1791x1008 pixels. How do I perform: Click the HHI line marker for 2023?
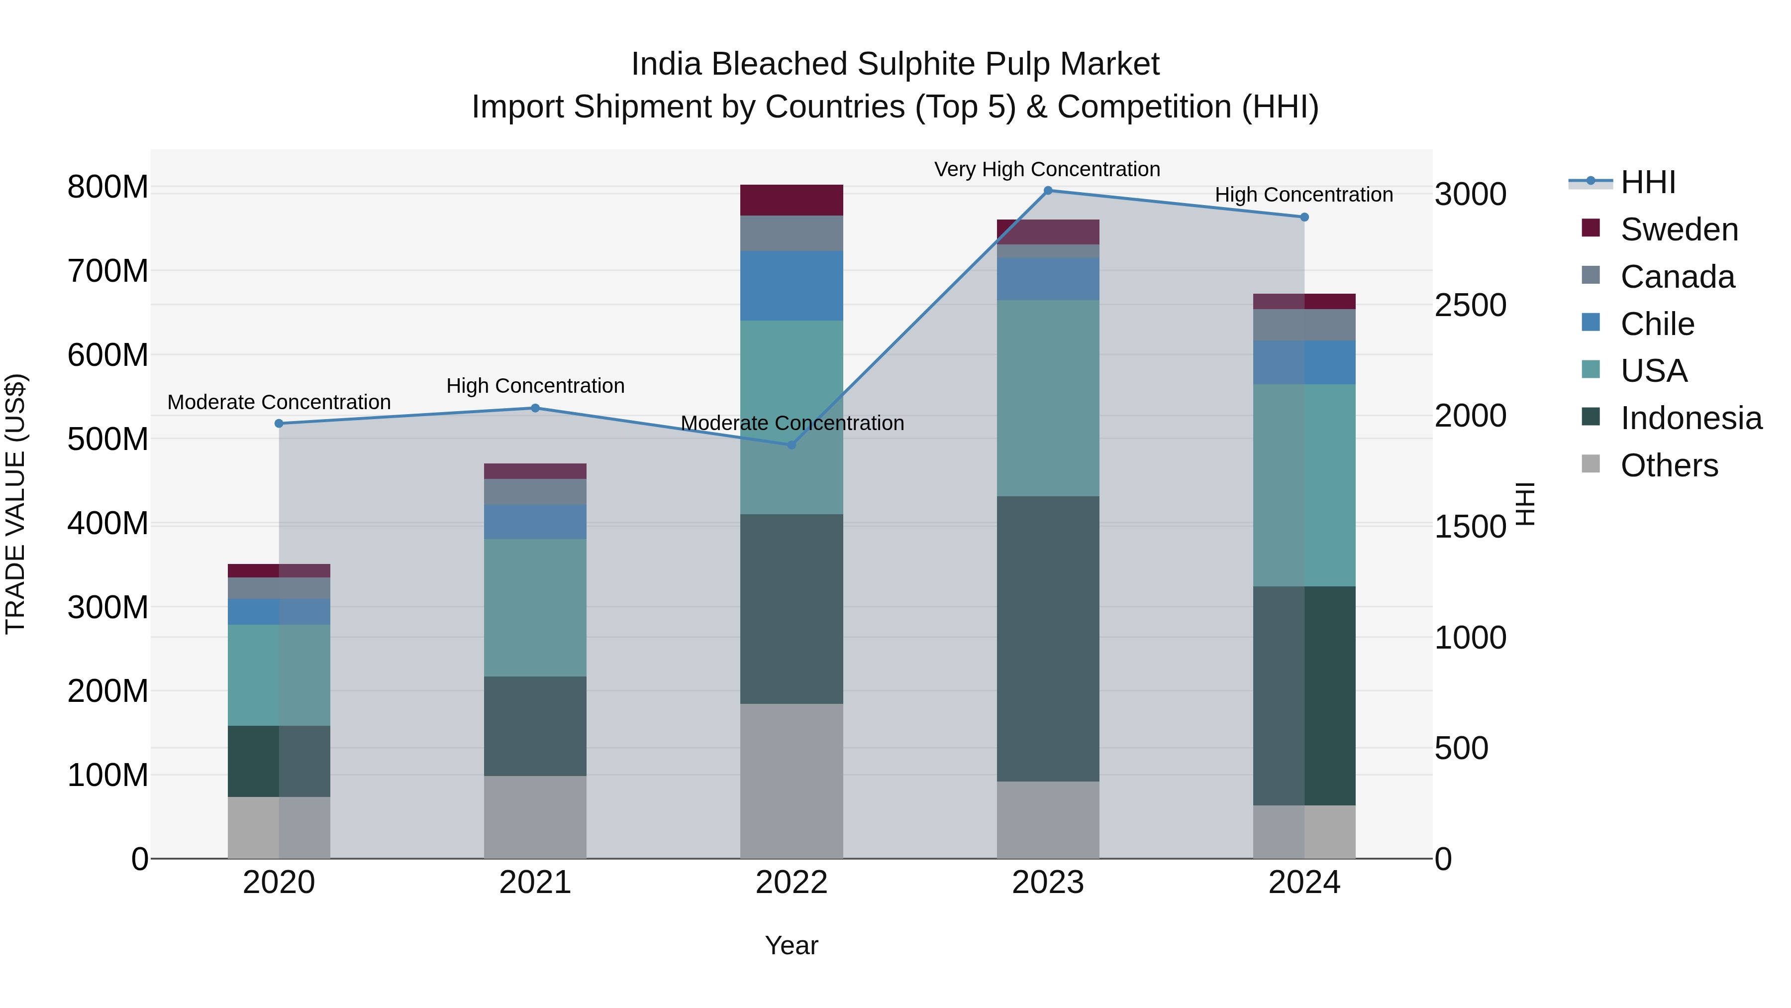click(1048, 191)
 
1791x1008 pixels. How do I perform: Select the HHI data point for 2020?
click(279, 423)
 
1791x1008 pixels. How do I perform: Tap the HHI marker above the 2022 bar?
click(791, 445)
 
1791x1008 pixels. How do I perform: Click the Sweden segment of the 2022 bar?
click(791, 200)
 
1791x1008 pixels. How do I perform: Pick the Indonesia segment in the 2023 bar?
click(1048, 638)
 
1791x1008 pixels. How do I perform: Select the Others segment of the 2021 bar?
click(535, 817)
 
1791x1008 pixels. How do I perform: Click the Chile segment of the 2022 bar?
click(791, 285)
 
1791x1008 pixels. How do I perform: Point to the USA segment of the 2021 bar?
click(535, 607)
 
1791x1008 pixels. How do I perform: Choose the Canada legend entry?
click(1677, 277)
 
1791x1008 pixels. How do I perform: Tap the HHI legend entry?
click(1647, 182)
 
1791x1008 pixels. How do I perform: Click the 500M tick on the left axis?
click(108, 439)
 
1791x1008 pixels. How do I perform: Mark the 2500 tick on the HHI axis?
click(1470, 306)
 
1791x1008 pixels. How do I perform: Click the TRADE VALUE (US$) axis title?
click(15, 504)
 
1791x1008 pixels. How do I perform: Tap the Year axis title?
click(791, 945)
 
